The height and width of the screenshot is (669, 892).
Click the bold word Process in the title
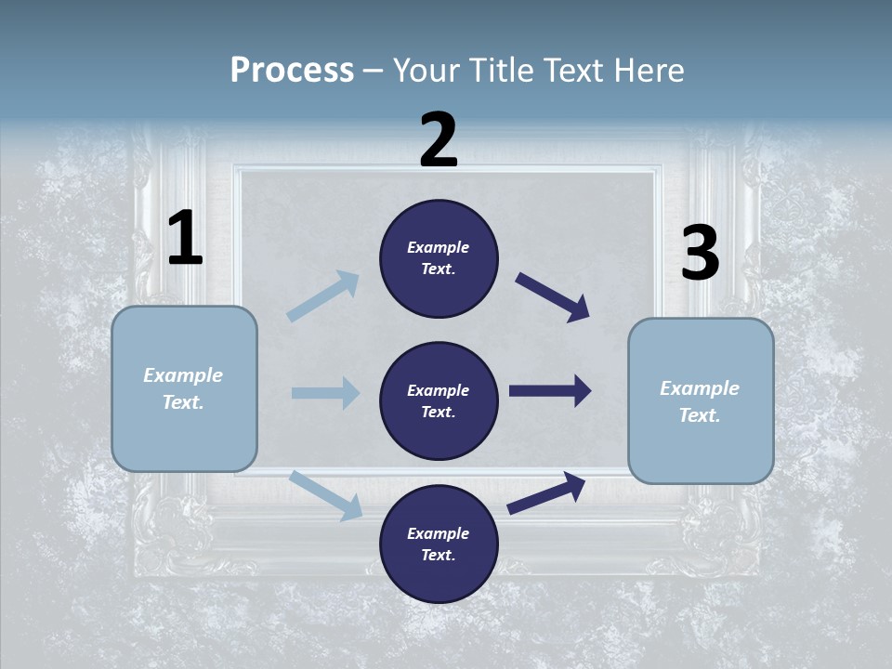click(292, 70)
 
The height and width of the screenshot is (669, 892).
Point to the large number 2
click(439, 140)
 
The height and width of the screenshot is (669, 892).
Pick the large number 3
click(700, 254)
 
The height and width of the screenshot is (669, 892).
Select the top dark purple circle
click(439, 258)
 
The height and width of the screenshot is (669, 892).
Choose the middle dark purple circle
click(439, 401)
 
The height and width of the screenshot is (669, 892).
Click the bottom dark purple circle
click(439, 544)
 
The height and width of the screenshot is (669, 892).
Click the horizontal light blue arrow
click(325, 393)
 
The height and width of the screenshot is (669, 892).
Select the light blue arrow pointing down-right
click(325, 494)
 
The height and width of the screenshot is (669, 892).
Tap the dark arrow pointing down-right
click(552, 297)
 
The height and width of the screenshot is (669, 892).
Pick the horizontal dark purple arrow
click(549, 391)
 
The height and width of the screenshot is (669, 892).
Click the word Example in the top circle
click(439, 248)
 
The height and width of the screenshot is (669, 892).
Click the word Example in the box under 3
click(700, 388)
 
